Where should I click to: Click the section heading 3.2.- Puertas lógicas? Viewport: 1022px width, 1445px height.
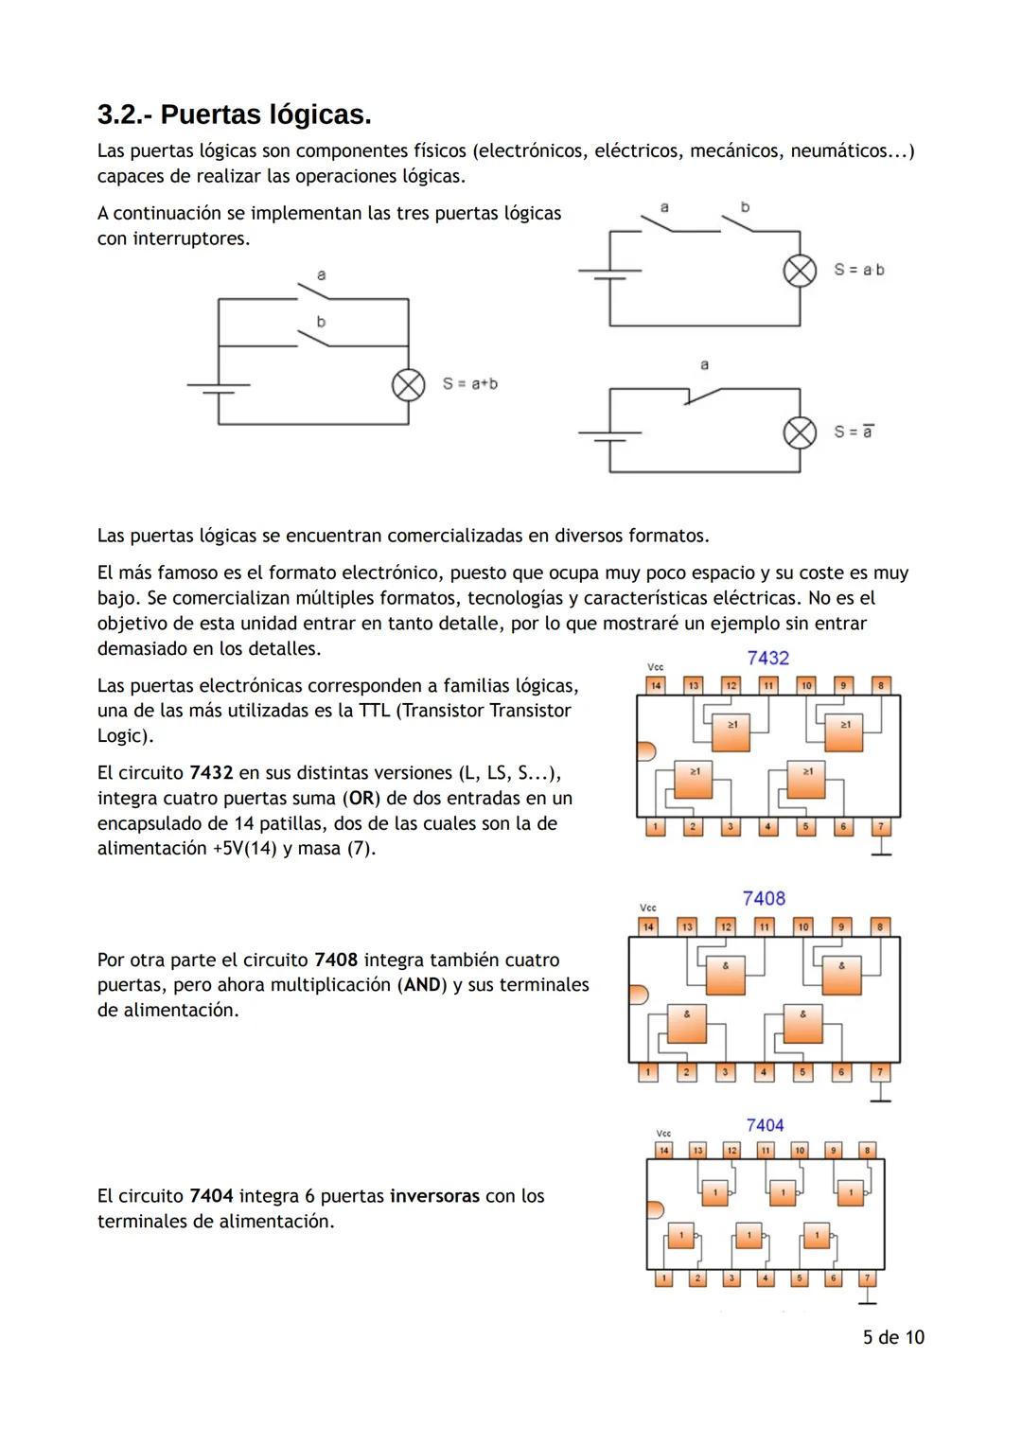234,115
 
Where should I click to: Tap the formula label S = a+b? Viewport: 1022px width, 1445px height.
469,383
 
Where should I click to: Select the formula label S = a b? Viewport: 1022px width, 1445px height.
858,270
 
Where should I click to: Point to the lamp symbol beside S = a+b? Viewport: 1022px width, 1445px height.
408,385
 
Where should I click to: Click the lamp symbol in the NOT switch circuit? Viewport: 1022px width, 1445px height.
800,432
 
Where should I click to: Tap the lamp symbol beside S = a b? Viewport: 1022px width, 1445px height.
800,271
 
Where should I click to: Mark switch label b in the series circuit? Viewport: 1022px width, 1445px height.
745,206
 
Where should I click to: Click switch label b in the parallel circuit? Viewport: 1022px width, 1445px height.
321,322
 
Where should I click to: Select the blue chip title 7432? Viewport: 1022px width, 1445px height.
767,658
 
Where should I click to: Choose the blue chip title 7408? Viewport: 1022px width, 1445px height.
764,898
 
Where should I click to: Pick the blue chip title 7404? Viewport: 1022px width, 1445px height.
765,1125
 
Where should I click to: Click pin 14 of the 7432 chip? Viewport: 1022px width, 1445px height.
656,685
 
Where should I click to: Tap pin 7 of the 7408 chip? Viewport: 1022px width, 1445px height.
880,1072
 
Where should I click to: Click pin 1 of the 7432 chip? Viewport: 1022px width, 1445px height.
655,827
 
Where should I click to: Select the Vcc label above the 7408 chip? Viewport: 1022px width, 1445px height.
648,908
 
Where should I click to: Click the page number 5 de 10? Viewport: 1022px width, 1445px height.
892,1337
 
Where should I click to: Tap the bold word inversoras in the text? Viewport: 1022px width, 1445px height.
434,1196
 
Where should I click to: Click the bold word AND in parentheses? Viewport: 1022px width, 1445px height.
422,985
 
